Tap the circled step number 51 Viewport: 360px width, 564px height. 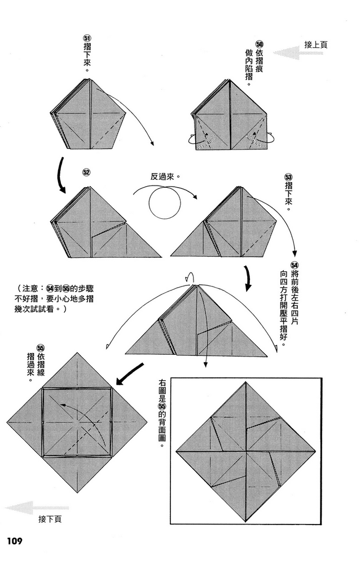[x=86, y=38]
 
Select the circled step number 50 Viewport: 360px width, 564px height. [x=260, y=44]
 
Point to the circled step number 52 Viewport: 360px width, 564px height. [x=86, y=172]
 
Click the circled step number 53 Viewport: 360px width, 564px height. [x=289, y=178]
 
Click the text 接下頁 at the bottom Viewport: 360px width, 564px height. [x=50, y=519]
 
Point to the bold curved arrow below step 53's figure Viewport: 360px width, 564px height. [x=248, y=279]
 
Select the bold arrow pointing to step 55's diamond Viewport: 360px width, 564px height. [x=130, y=372]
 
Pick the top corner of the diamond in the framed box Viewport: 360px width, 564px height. [x=245, y=384]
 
